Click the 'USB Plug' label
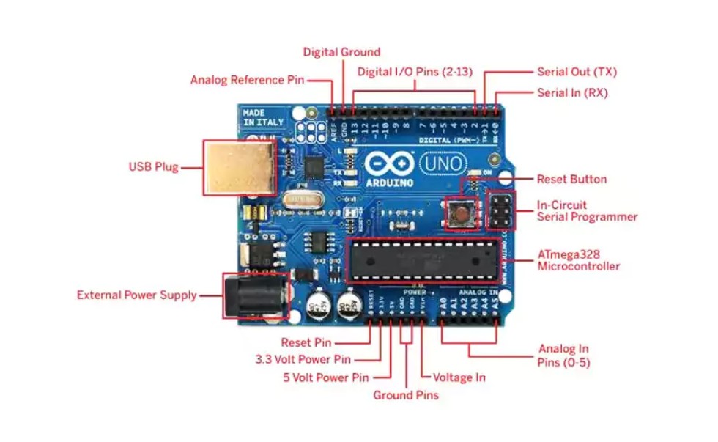pos(153,167)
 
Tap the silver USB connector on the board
pos(240,168)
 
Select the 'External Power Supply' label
pos(137,295)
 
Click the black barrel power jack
pos(253,296)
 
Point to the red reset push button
pos(462,214)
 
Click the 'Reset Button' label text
pos(571,179)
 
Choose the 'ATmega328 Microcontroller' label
pos(579,260)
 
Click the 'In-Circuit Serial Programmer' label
pos(587,211)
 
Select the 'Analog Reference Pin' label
pos(247,80)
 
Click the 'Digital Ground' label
pos(341,52)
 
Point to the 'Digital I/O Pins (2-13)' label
pos(415,72)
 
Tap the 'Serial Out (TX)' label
pos(577,72)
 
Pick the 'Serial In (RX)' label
pos(572,93)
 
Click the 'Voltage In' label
pos(459,377)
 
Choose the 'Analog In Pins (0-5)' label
pos(563,356)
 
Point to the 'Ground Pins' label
pos(406,395)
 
